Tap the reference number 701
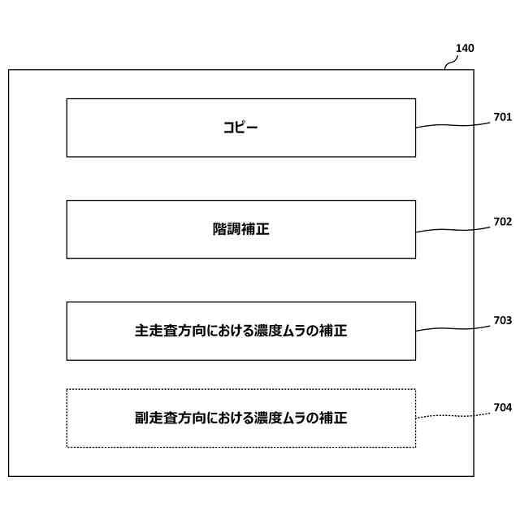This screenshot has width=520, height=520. [x=502, y=117]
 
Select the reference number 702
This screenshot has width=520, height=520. [x=502, y=221]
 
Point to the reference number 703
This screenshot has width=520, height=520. [x=502, y=320]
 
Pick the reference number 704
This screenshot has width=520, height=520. [x=502, y=408]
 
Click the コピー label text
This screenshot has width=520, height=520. [x=240, y=128]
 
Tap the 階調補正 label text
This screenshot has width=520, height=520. [x=240, y=229]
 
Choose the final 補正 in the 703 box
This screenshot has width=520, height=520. [x=333, y=331]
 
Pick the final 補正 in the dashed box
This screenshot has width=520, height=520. [x=333, y=418]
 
